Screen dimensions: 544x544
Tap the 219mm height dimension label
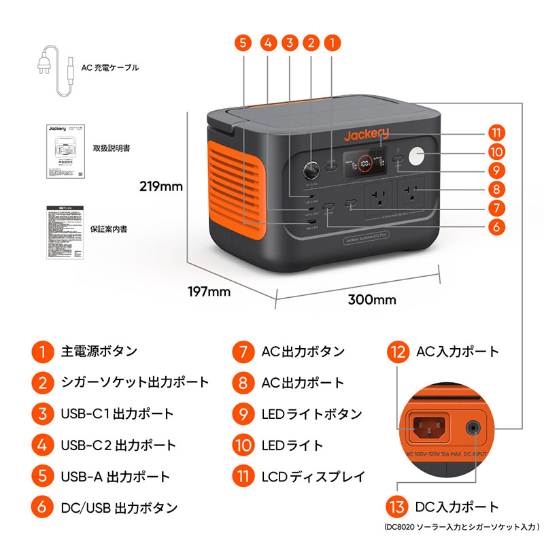tap(162, 186)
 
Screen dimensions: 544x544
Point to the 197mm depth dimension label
tap(209, 292)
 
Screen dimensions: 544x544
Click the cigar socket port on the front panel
tap(312, 168)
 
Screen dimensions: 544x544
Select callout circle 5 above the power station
tap(243, 42)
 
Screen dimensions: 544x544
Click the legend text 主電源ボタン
tap(99, 352)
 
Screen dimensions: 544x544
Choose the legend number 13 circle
tap(398, 507)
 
